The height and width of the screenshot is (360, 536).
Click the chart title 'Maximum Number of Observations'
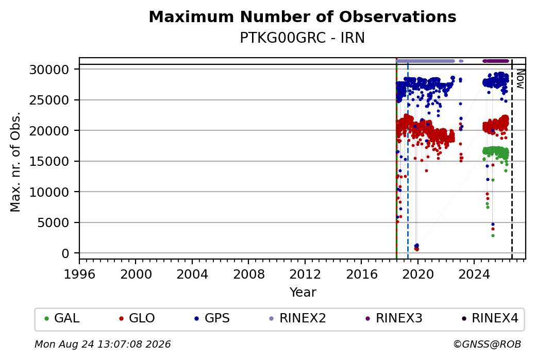[303, 16]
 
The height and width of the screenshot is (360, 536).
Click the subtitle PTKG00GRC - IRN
[303, 38]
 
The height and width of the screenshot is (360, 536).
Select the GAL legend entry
[62, 318]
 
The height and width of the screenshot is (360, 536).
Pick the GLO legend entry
[137, 318]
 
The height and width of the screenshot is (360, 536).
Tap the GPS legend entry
[212, 318]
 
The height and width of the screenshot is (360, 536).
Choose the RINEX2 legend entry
[298, 318]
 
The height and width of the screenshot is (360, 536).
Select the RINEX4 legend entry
[490, 318]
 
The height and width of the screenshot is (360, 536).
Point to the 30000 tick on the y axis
[49, 70]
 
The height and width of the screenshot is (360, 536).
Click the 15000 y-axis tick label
[49, 162]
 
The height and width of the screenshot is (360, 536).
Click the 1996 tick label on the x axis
[80, 275]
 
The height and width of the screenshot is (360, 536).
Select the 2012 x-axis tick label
[305, 275]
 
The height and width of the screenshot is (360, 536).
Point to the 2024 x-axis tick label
[474, 275]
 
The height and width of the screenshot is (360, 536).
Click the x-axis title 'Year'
[303, 293]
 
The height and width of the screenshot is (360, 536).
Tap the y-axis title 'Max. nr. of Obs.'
[15, 162]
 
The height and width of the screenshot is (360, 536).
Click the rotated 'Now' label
[520, 79]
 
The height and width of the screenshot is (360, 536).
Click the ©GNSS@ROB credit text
[487, 344]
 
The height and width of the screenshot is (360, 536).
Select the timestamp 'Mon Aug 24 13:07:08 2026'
[103, 344]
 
